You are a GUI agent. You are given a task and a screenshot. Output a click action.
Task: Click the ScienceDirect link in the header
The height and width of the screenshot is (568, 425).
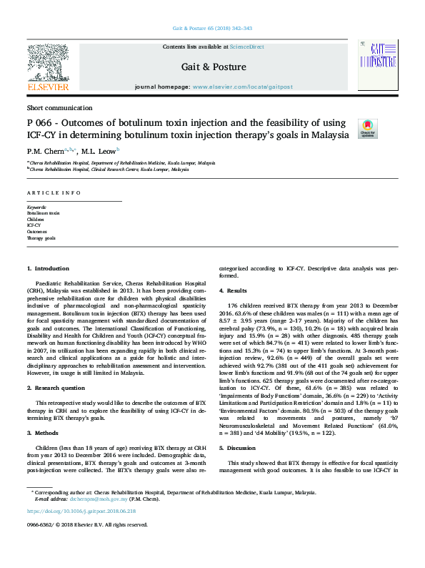pos(246,46)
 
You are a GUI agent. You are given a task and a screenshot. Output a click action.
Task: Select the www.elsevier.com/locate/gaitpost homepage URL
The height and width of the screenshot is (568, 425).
pos(242,87)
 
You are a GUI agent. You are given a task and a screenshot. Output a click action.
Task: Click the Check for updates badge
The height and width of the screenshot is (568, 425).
pos(367,128)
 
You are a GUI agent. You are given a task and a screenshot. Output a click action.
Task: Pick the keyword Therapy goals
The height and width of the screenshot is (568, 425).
pos(41,238)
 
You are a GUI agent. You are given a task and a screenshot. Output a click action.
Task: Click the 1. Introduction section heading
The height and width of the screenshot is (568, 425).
pos(48,268)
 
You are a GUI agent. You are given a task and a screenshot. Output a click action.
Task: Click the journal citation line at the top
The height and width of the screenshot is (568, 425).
pos(212,27)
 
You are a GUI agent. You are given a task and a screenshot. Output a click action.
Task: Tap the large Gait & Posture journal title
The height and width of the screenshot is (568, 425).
pos(213,67)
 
